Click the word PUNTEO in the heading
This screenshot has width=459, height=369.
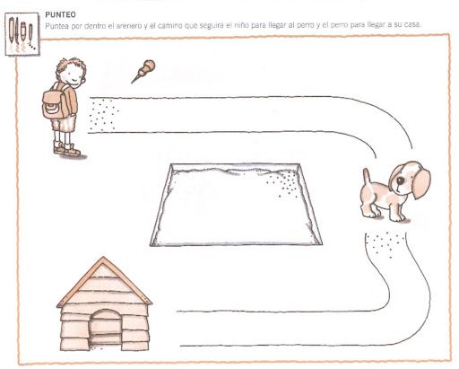pos(60,14)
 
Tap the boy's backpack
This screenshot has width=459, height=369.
pos(55,103)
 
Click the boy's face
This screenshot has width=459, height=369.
pos(74,75)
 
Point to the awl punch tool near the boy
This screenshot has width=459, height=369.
pos(143,71)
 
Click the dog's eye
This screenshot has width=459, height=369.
pos(399,180)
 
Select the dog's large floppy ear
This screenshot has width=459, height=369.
pos(421,183)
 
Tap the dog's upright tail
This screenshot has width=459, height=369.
pos(367,178)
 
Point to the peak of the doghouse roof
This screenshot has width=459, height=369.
pos(103,258)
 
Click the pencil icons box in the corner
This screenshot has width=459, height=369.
pos(22,34)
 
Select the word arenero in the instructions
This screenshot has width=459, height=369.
pos(126,26)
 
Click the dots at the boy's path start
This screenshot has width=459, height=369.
pos(103,115)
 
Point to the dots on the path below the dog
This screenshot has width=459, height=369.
pos(385,244)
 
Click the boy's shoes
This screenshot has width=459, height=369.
pos(67,149)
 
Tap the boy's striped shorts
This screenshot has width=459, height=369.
pos(64,124)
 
